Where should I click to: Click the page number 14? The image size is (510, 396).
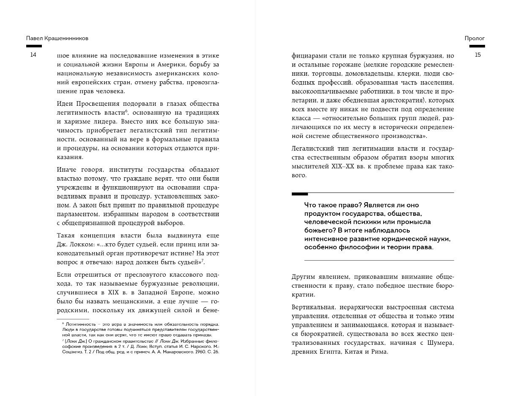(33, 55)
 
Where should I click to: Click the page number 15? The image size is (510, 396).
(477, 55)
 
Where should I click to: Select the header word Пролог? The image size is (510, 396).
(474, 38)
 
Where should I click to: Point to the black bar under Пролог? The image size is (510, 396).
(477, 46)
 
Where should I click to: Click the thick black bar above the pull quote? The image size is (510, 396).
(300, 194)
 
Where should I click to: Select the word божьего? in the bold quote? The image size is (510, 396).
(318, 230)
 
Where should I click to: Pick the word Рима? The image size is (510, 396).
(379, 352)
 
